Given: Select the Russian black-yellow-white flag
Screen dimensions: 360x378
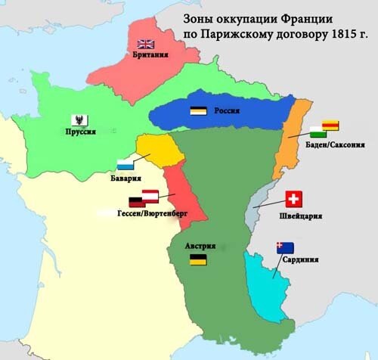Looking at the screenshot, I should (200, 110).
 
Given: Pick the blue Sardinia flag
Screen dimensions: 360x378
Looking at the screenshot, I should (285, 247).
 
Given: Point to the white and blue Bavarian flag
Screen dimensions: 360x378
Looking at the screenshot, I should (126, 164).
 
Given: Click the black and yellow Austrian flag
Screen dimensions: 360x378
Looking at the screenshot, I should (199, 259).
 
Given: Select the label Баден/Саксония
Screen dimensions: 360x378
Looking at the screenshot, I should (324, 144).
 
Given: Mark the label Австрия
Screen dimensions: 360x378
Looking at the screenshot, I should (200, 246).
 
